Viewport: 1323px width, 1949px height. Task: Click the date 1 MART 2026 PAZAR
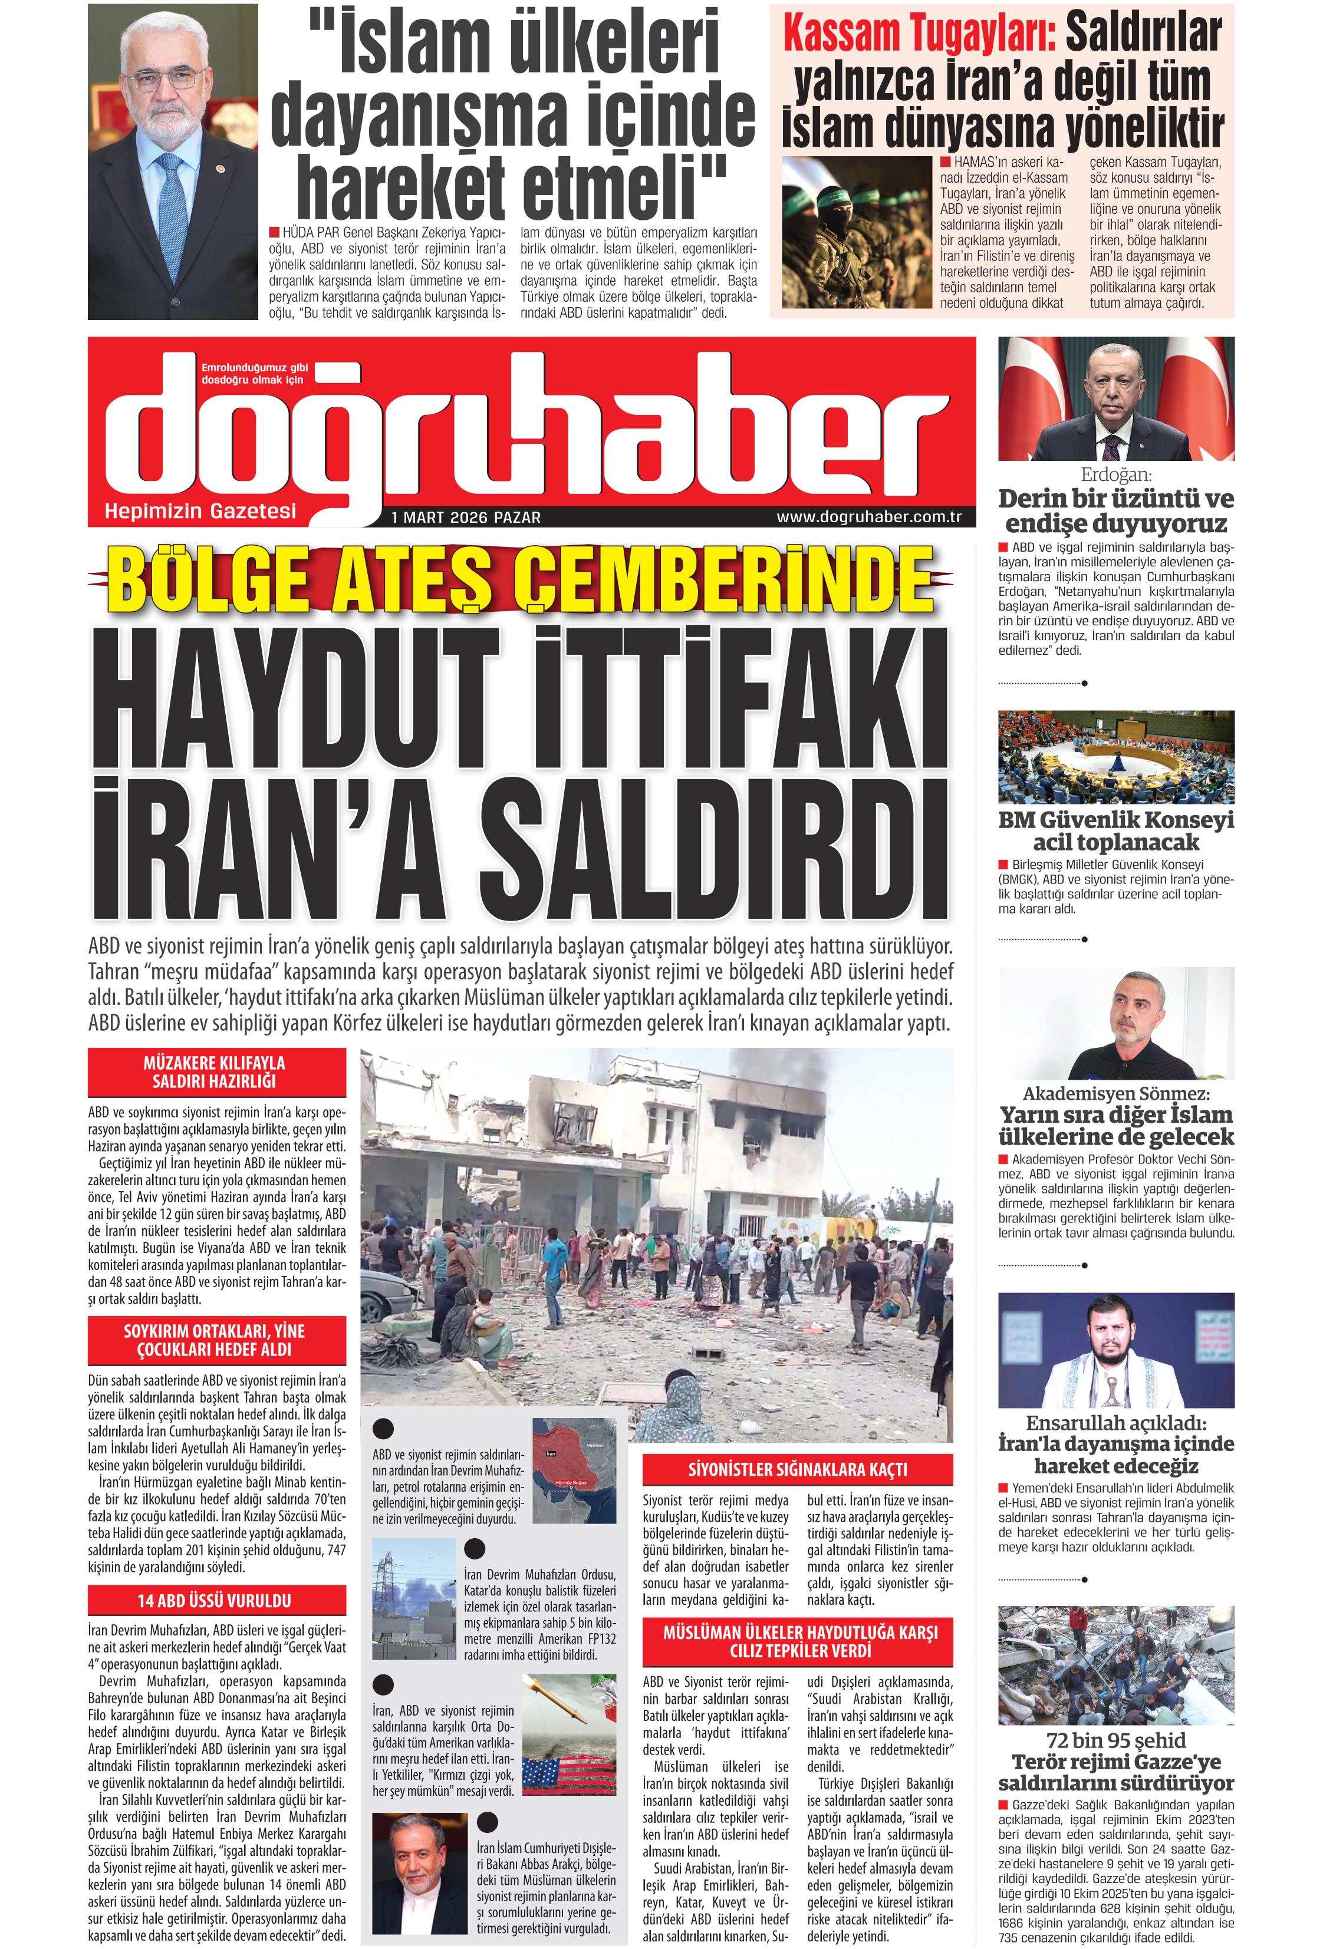point(466,517)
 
